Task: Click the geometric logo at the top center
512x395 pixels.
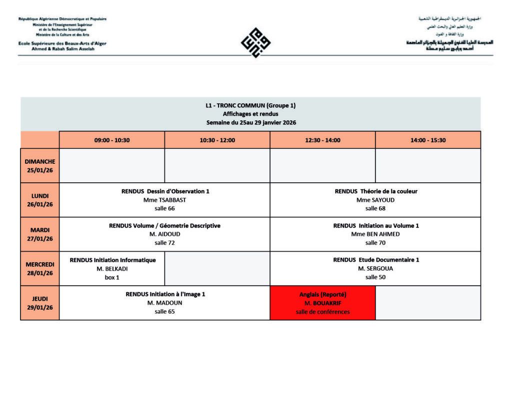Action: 255,42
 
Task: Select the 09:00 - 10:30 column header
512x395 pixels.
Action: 112,140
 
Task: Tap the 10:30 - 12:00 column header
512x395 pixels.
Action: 217,140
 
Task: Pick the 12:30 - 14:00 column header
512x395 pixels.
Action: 322,140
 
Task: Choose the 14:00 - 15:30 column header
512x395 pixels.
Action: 428,140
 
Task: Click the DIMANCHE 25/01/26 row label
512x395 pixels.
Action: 40,165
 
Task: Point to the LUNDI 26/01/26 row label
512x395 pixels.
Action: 40,200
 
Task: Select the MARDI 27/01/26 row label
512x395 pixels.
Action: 40,234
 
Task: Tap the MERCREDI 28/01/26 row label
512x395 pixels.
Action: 40,269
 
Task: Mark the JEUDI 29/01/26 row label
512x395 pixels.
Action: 40,303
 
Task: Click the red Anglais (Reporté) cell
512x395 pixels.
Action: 322,303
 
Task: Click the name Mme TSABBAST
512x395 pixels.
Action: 164,200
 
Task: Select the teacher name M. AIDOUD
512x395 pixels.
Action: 164,234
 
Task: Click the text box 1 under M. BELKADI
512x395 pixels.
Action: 112,277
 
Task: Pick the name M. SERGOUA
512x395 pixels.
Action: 375,269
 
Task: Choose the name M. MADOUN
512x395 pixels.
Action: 164,303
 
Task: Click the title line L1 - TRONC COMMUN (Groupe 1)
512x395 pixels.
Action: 250,105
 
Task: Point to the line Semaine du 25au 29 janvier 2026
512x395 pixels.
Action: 250,122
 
